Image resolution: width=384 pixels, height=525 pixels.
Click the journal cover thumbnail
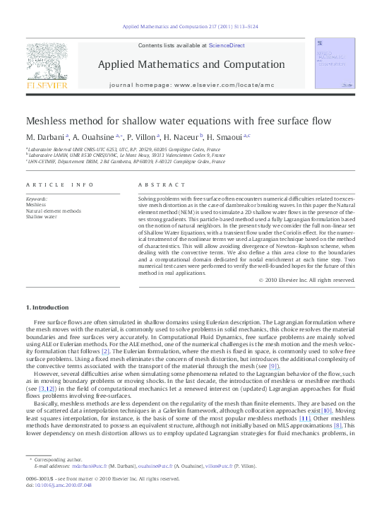335,64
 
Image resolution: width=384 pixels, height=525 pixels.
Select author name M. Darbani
45,136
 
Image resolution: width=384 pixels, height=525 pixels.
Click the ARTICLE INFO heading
60,184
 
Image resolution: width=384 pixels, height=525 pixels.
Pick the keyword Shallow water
42,216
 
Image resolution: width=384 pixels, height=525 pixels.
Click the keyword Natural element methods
54,211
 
